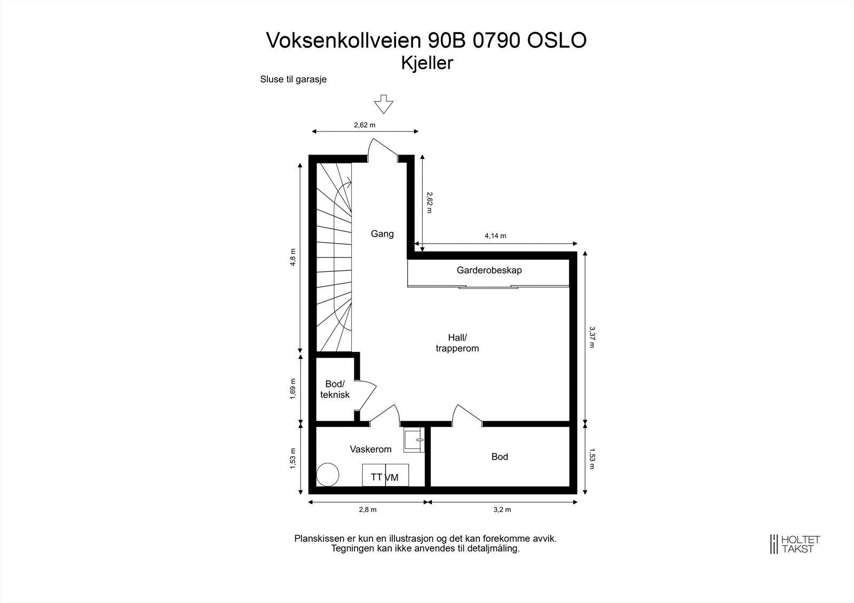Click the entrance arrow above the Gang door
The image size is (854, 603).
[383, 104]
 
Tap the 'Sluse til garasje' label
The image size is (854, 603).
[293, 79]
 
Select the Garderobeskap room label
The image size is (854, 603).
[489, 270]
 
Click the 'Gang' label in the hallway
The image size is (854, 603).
[382, 234]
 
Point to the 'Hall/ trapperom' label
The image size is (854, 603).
[457, 343]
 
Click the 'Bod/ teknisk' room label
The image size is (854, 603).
[335, 389]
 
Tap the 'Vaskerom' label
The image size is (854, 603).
[370, 449]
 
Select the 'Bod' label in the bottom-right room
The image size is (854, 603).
[500, 457]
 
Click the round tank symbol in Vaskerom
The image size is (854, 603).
[328, 473]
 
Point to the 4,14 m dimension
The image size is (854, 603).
[495, 236]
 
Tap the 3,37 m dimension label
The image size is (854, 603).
[591, 337]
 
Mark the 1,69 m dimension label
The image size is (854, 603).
[293, 389]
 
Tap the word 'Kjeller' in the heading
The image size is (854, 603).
[427, 63]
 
